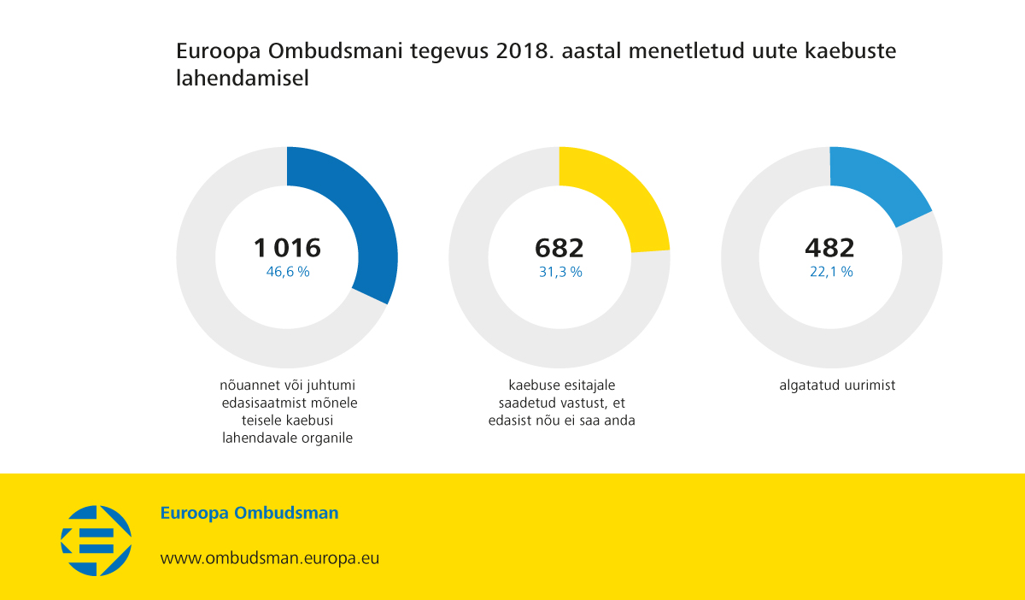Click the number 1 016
point(287,248)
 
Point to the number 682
point(559,248)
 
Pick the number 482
point(829,248)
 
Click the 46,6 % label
point(288,272)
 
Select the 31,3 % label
point(560,272)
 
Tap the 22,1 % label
point(831,272)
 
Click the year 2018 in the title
point(520,51)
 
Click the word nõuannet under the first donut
point(247,385)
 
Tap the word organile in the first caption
point(328,438)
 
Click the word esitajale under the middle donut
point(588,385)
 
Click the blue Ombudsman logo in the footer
point(96,540)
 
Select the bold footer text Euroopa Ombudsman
point(249,514)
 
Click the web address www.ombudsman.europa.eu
point(270,558)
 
